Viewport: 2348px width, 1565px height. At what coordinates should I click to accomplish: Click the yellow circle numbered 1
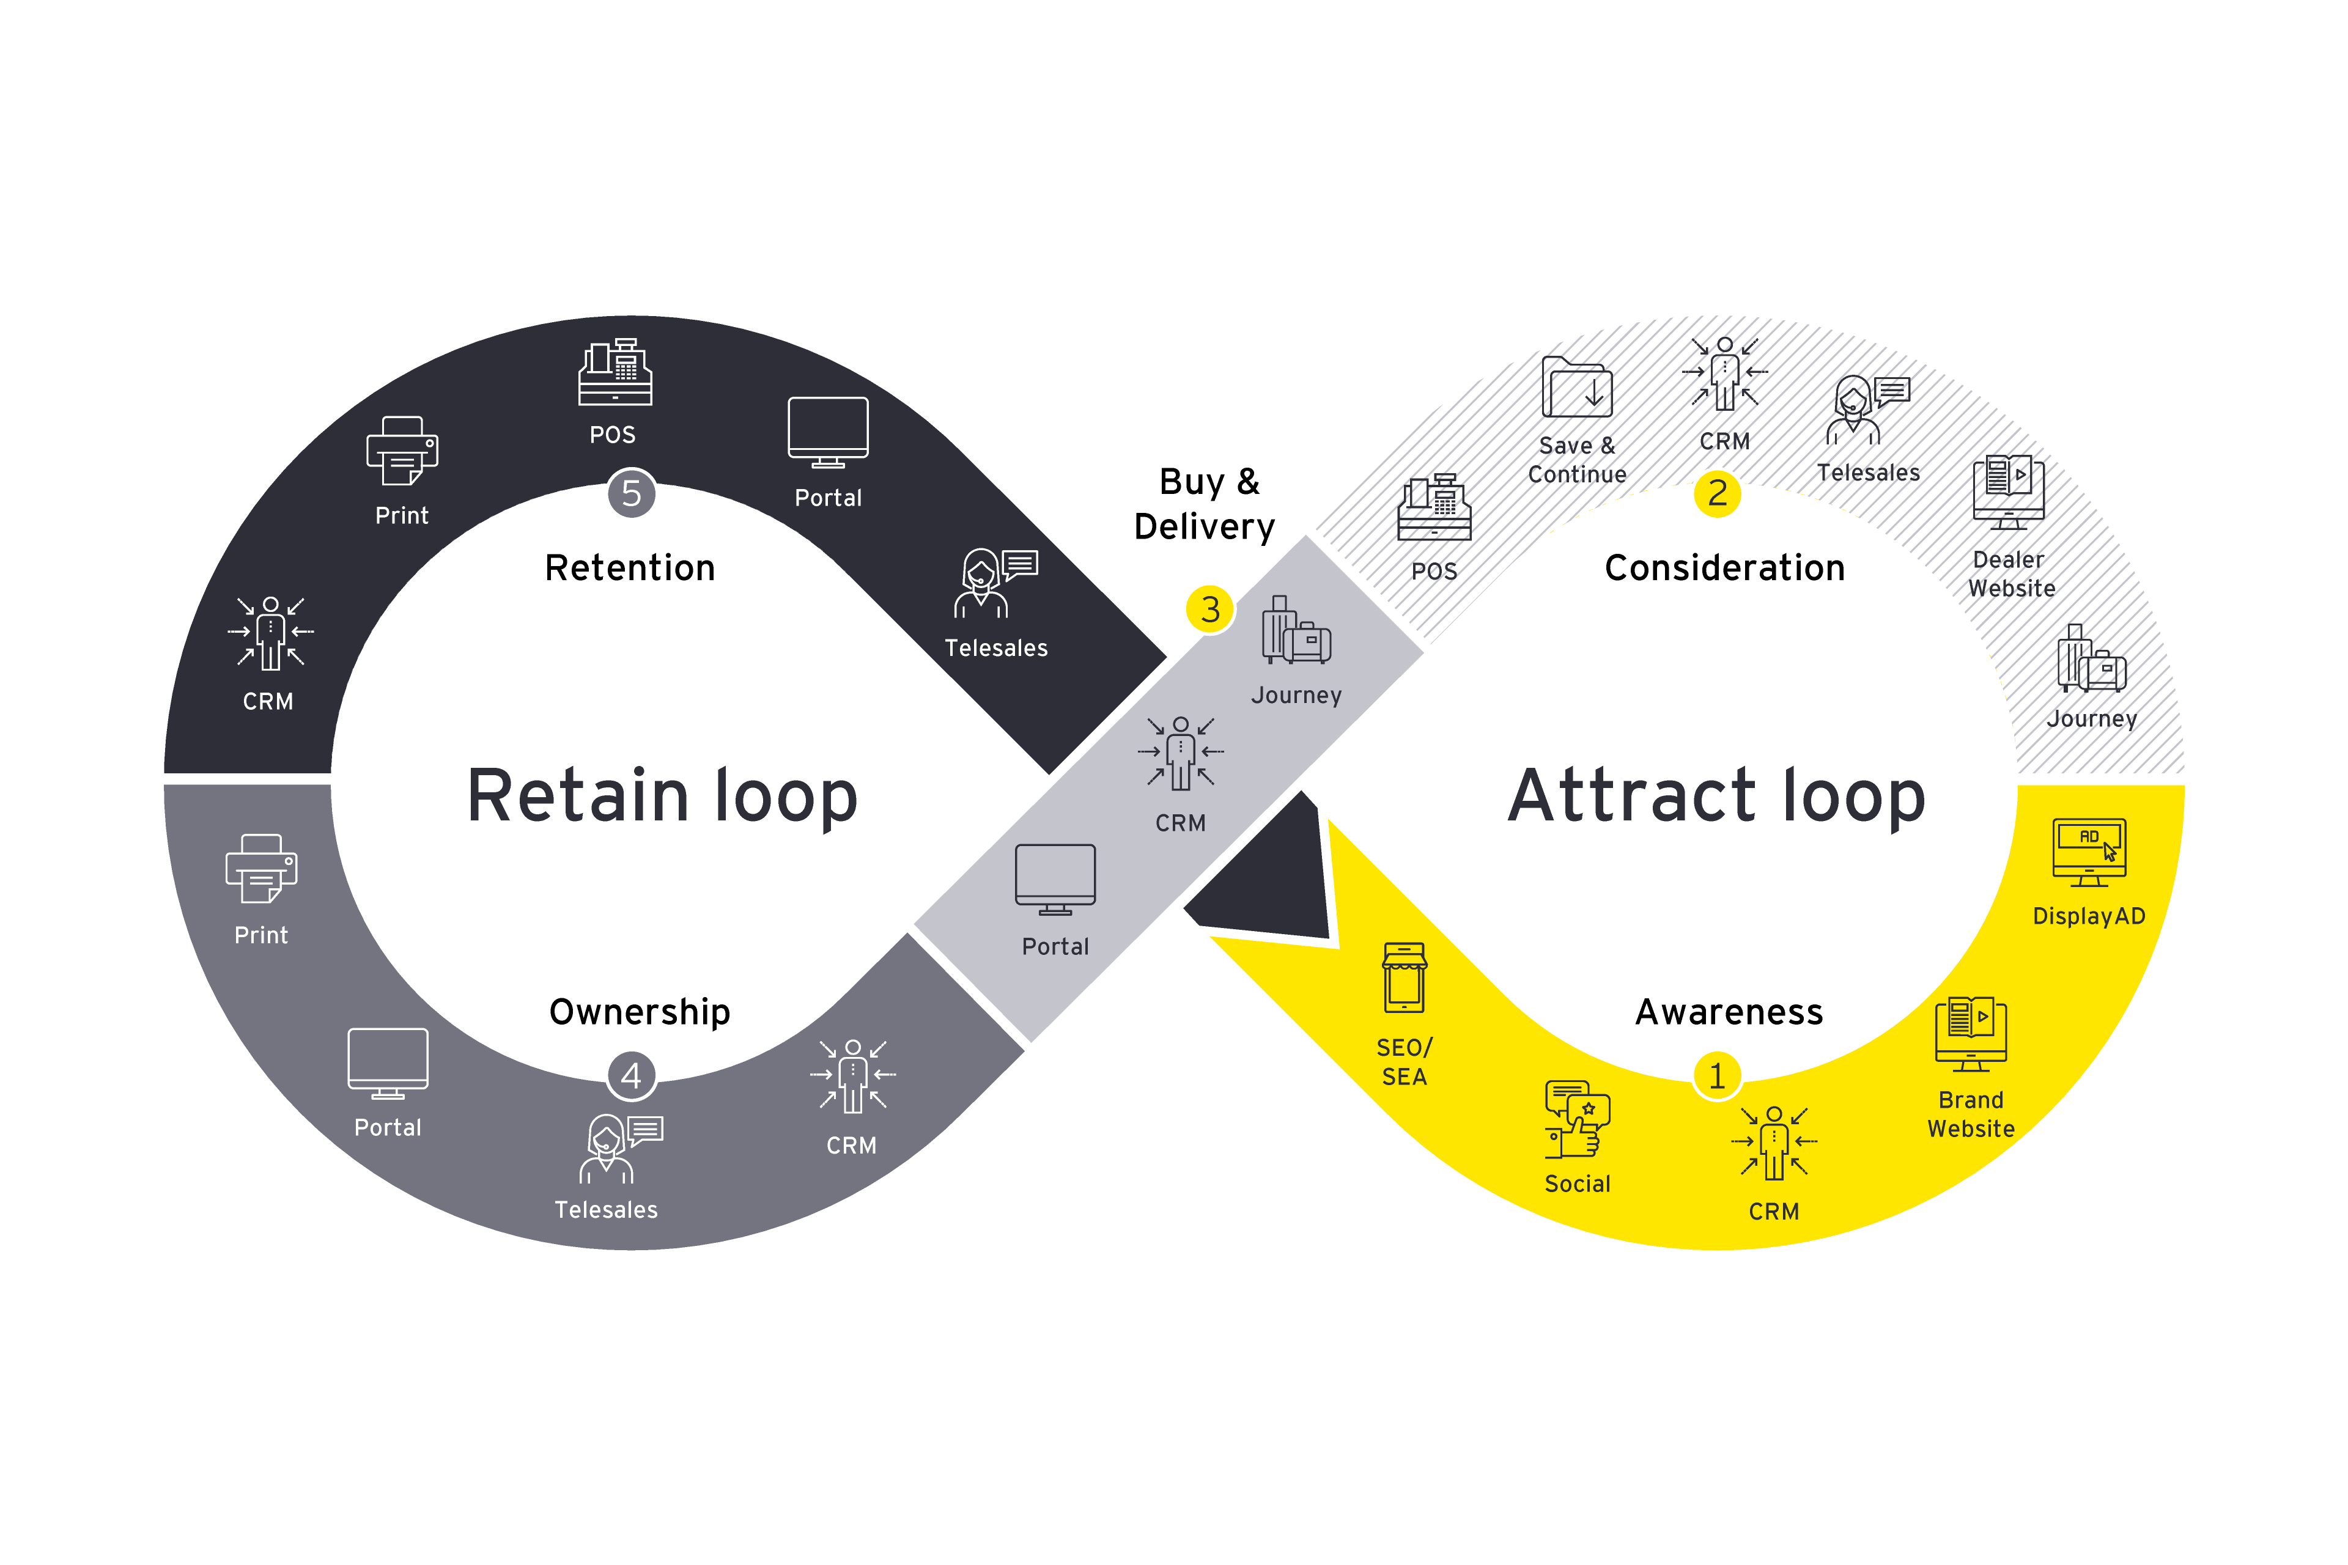point(1717,1076)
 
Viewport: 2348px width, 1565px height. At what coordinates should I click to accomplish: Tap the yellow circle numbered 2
point(1717,493)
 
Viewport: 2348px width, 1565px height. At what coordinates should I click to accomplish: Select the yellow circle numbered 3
point(1210,609)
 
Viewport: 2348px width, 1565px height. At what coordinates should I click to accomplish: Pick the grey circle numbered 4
point(631,1076)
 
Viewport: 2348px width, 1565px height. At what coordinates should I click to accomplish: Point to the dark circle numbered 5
point(631,493)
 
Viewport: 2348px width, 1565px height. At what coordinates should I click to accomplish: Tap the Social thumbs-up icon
point(1578,1120)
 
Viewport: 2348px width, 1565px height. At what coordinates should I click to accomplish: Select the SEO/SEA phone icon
point(1405,978)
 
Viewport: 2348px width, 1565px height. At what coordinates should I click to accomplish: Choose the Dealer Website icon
point(2009,492)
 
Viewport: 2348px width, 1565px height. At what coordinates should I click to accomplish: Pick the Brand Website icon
point(1971,1034)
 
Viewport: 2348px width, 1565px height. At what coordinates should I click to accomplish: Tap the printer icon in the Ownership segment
point(262,868)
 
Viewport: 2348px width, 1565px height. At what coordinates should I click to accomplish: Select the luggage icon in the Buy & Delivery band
point(1296,631)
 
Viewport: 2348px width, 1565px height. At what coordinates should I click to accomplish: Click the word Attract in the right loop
point(1631,797)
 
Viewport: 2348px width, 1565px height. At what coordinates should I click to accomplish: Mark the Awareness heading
point(1729,1012)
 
